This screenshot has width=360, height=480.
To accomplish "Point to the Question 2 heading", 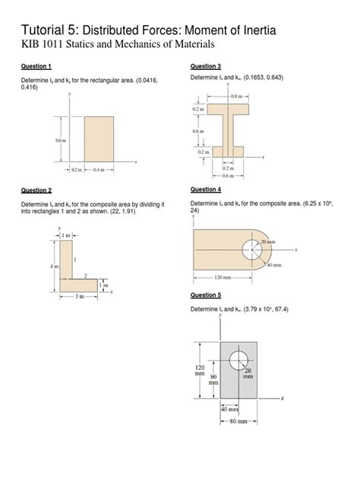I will pos(36,190).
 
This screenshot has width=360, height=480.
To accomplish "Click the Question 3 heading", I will pos(205,67).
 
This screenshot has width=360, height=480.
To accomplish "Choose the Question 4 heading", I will pos(205,189).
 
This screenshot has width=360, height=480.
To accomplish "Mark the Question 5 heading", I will pos(205,295).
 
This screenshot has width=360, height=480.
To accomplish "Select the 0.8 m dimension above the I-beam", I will pos(238,96).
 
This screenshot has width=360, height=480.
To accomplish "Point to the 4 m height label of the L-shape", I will pos(53,267).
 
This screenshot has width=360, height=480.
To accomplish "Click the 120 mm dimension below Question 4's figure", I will pos(222,278).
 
